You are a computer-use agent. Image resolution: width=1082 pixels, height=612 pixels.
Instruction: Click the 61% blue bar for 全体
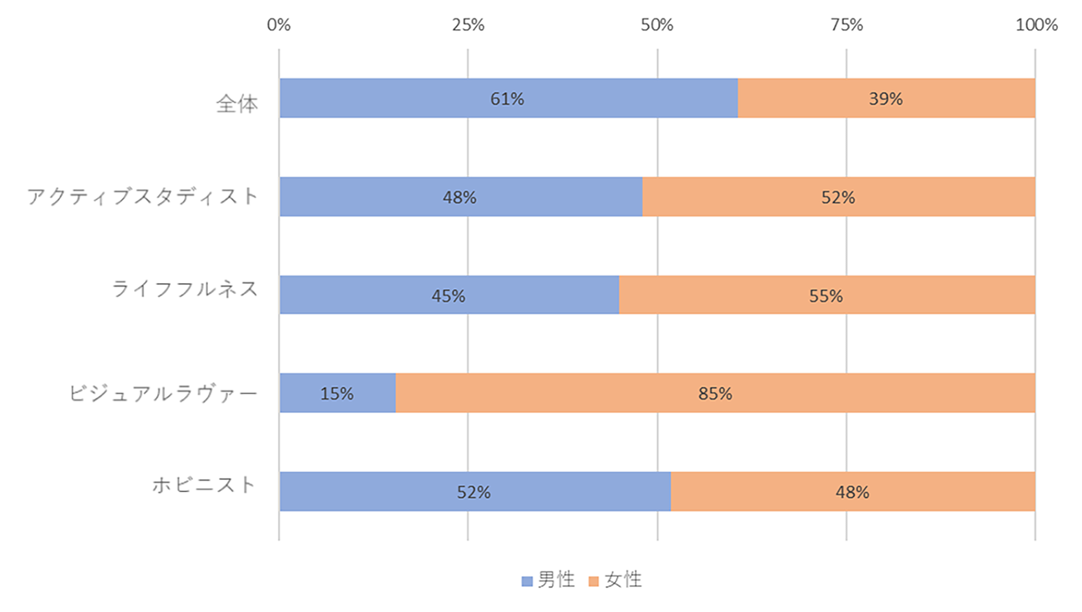coord(509,98)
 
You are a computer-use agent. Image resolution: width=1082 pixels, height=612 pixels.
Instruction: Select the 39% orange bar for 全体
coord(886,98)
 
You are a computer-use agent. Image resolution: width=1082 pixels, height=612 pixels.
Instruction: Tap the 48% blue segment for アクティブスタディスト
coord(460,197)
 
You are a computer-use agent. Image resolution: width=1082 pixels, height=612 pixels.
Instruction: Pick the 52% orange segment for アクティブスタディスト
coord(838,197)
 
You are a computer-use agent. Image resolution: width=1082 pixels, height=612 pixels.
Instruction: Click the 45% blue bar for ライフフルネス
coord(449,296)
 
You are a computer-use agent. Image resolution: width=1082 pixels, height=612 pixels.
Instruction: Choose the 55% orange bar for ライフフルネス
coord(826,296)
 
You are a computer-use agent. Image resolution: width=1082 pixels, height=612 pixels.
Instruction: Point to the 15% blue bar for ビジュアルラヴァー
coord(337,393)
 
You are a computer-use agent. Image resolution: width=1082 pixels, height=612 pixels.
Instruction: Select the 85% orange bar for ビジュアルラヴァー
coord(715,393)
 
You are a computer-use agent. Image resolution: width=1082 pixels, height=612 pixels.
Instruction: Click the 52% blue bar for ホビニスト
coord(474,491)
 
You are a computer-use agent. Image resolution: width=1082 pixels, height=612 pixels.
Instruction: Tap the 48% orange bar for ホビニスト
coord(852,491)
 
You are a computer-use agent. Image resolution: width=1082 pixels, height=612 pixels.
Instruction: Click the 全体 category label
coord(237,104)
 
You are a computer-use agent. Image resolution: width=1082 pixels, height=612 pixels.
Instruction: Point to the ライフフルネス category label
coord(185,291)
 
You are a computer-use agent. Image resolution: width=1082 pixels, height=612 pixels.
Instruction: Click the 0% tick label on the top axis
coord(279,25)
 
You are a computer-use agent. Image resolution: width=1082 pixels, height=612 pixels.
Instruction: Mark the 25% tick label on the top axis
coord(468,25)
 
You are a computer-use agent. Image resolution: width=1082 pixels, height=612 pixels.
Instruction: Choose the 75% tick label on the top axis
coord(846,25)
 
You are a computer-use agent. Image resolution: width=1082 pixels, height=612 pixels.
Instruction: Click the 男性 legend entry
coord(548,580)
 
